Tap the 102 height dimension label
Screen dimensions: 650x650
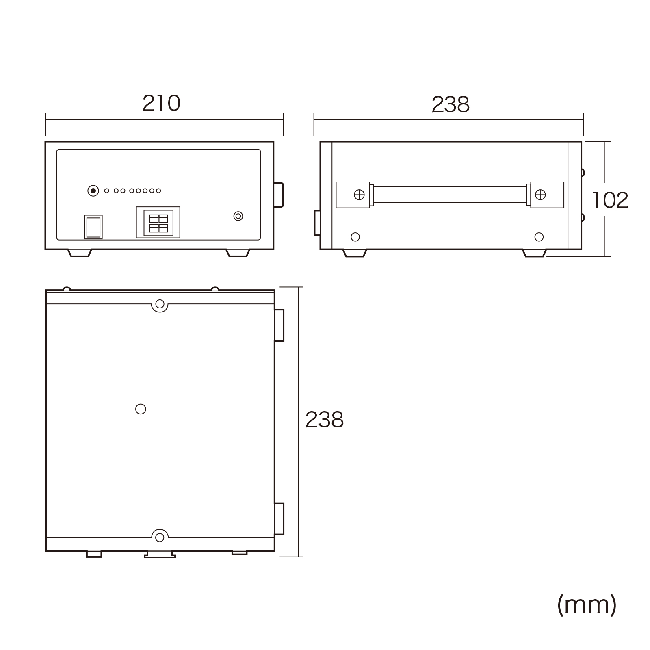pyautogui.click(x=610, y=200)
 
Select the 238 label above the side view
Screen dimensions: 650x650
pyautogui.click(x=451, y=104)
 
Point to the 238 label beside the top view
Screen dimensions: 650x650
pyautogui.click(x=324, y=420)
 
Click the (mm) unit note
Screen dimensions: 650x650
pyautogui.click(x=587, y=605)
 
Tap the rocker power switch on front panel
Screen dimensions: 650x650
pyautogui.click(x=93, y=227)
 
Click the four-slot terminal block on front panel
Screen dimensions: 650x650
pyautogui.click(x=158, y=223)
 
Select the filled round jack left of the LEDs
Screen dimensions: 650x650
pyautogui.click(x=93, y=191)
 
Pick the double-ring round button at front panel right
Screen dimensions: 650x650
pyautogui.click(x=238, y=216)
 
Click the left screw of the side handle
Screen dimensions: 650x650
pyautogui.click(x=359, y=195)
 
